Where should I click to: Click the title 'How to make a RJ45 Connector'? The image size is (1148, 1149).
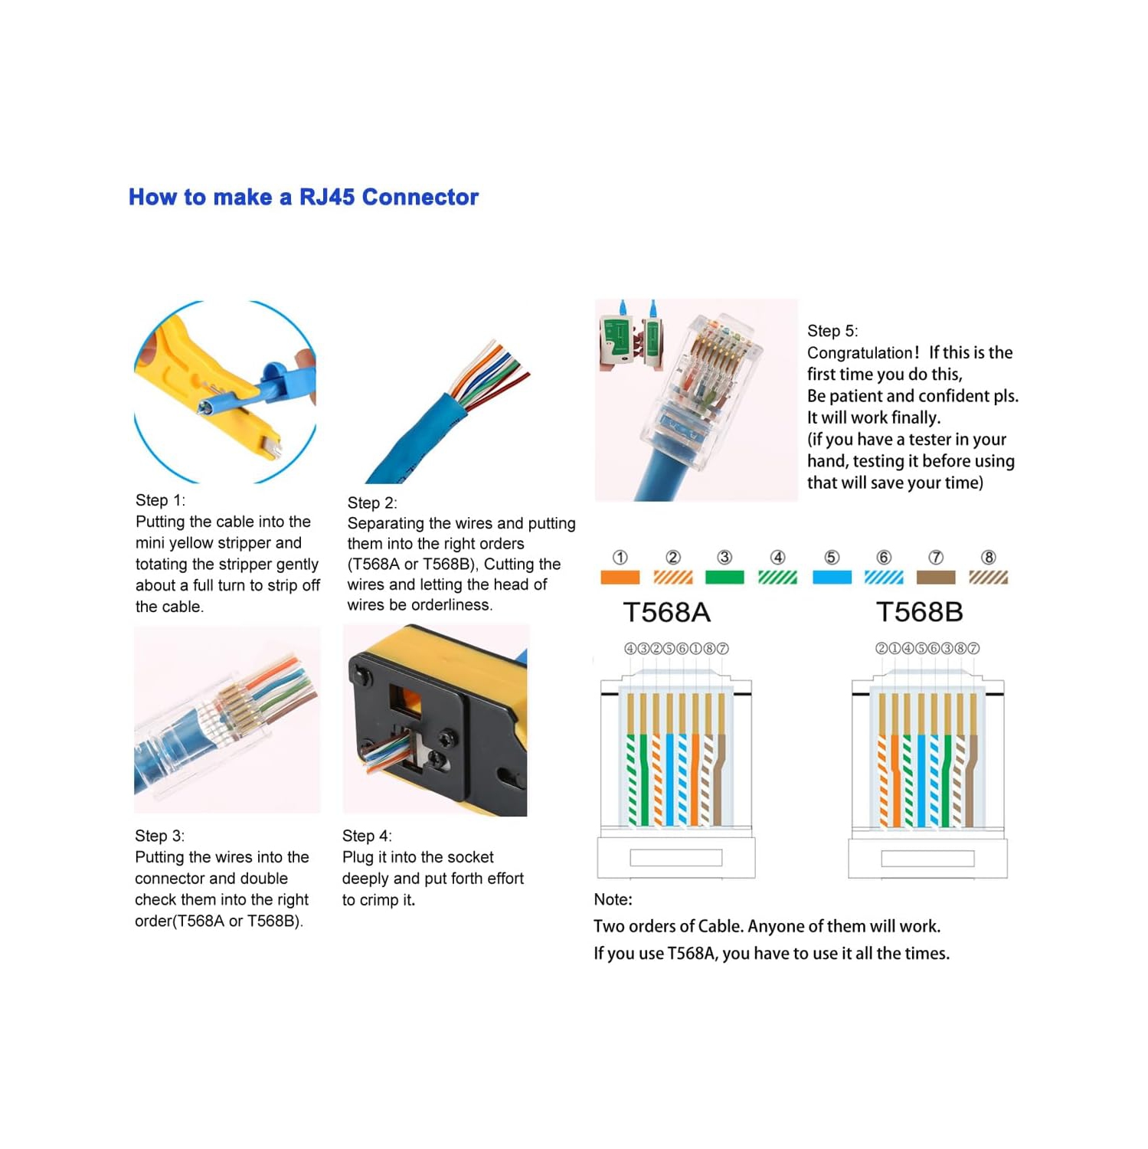coord(303,197)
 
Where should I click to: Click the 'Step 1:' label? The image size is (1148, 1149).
coord(160,500)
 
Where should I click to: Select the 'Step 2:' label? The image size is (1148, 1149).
coord(372,502)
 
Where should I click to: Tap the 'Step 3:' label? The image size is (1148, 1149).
coord(159,836)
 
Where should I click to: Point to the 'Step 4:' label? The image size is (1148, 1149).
coord(367,836)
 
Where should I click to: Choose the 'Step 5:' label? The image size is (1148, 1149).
coord(832,331)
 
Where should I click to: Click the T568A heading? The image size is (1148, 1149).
coord(666,612)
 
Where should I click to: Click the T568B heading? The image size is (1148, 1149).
coord(919,612)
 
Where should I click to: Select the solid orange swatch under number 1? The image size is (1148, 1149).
coord(620,578)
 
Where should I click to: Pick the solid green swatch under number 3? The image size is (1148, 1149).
coord(724,578)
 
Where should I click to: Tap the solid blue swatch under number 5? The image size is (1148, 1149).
coord(832,578)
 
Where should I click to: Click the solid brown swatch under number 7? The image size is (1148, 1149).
coord(936,578)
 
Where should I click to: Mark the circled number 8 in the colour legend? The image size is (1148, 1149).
coord(989,558)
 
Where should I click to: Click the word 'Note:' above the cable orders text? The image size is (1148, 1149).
coord(613,899)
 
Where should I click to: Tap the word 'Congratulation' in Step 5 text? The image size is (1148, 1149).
coord(860,353)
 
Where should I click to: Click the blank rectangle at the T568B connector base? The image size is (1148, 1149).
coord(927,858)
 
